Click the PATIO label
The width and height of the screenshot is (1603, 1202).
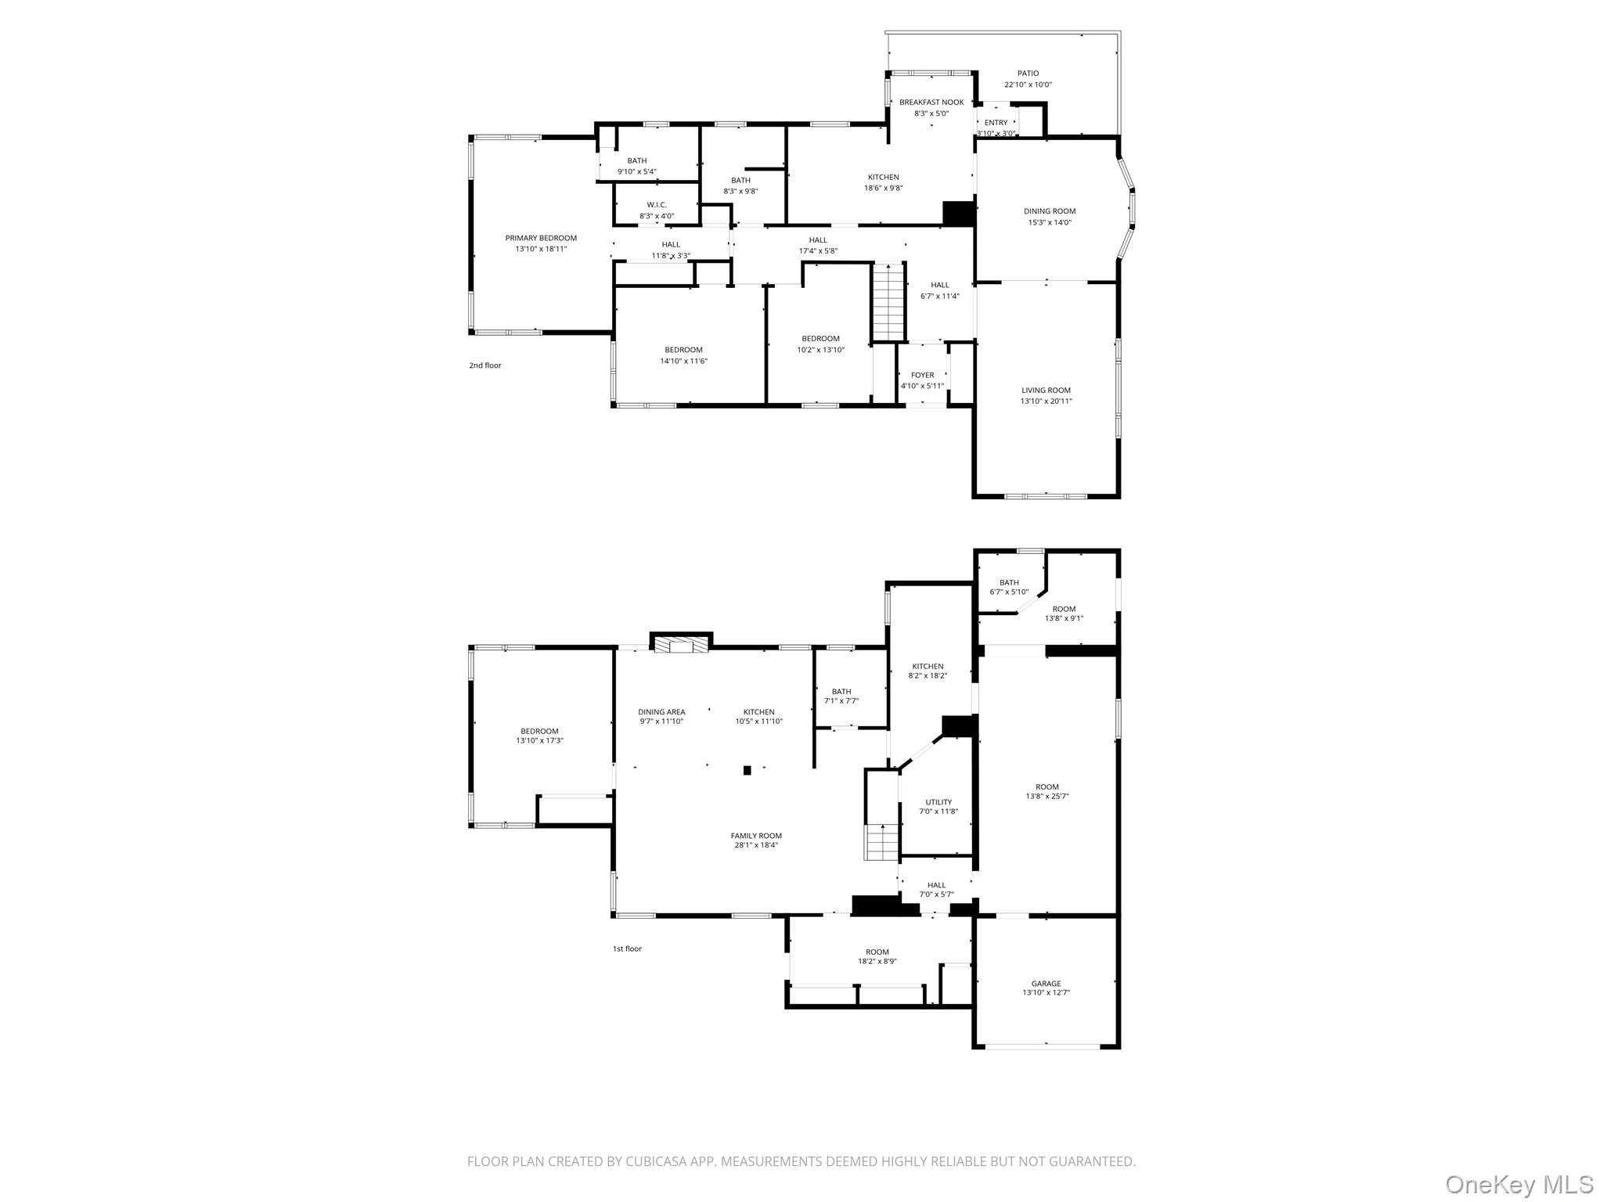pos(1028,74)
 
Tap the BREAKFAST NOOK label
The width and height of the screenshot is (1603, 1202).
pos(931,103)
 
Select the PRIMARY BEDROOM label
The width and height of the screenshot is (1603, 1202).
pos(541,238)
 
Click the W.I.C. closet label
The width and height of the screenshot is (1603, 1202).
pos(657,205)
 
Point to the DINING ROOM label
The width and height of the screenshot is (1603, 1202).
pos(1050,211)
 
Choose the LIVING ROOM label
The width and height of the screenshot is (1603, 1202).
pos(1046,390)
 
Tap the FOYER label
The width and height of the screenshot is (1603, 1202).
pos(922,376)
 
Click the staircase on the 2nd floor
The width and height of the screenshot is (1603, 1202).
pos(888,301)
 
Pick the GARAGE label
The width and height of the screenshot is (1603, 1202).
pos(1046,984)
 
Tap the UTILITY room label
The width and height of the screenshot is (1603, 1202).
pos(938,802)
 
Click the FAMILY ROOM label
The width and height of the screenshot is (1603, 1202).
pos(756,836)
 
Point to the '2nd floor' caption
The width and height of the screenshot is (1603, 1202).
pos(485,365)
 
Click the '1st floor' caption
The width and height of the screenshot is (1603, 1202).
pos(627,948)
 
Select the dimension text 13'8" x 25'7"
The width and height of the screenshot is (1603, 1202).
pos(1047,797)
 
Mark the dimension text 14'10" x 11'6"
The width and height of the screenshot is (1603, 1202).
pos(683,361)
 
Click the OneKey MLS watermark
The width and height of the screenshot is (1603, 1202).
pos(1518,1184)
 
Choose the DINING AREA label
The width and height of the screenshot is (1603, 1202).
pos(661,712)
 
